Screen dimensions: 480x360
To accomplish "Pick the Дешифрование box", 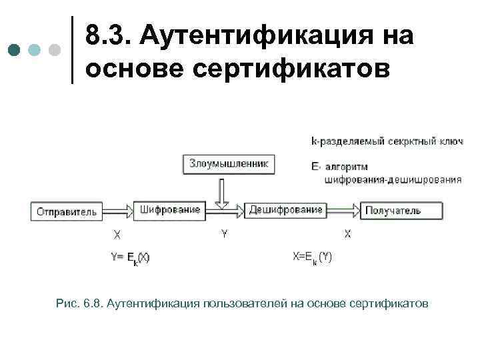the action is click(285, 210).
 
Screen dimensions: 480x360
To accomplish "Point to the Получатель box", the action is click(402, 211).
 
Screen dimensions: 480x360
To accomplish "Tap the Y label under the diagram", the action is click(224, 234).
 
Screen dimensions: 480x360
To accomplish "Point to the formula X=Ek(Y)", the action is click(312, 257).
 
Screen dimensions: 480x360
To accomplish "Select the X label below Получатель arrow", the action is click(347, 234).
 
